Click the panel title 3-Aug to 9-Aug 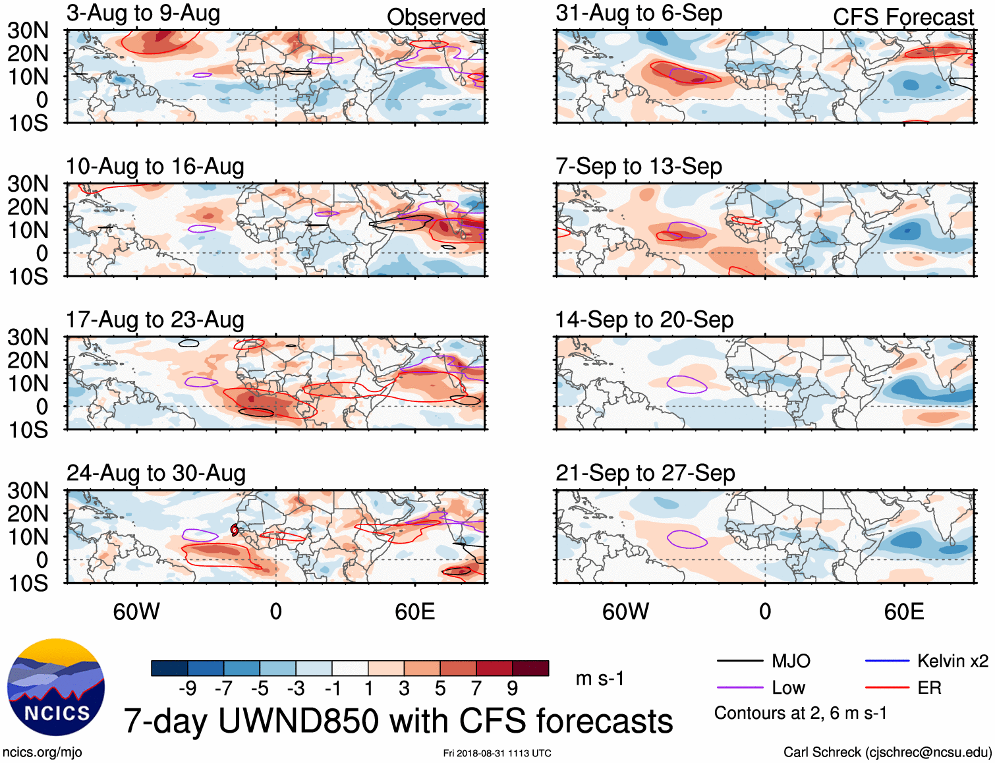click(x=144, y=13)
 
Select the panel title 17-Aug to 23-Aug click(x=155, y=320)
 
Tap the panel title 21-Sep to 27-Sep click(x=645, y=473)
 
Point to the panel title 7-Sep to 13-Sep click(x=639, y=167)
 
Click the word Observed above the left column click(x=436, y=17)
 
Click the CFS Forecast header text click(x=903, y=17)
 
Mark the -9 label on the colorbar click(x=188, y=689)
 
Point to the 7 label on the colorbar click(x=476, y=689)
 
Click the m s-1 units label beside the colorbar click(x=600, y=679)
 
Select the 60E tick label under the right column click(x=903, y=611)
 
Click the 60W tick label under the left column click(x=136, y=611)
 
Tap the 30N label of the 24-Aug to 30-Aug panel click(x=28, y=490)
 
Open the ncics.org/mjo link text click(x=42, y=752)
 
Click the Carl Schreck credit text click(x=887, y=752)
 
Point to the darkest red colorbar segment click(x=530, y=668)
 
